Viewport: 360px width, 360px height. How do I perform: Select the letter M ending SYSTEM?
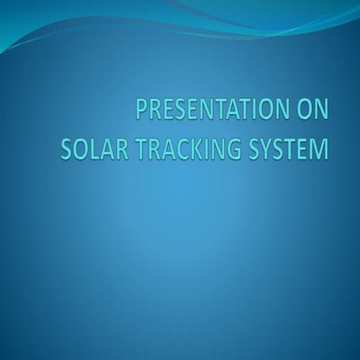pyautogui.click(x=319, y=147)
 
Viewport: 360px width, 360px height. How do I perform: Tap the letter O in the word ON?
pyautogui.click(x=302, y=110)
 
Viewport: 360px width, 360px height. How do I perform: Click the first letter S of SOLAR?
pyautogui.click(x=66, y=147)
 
